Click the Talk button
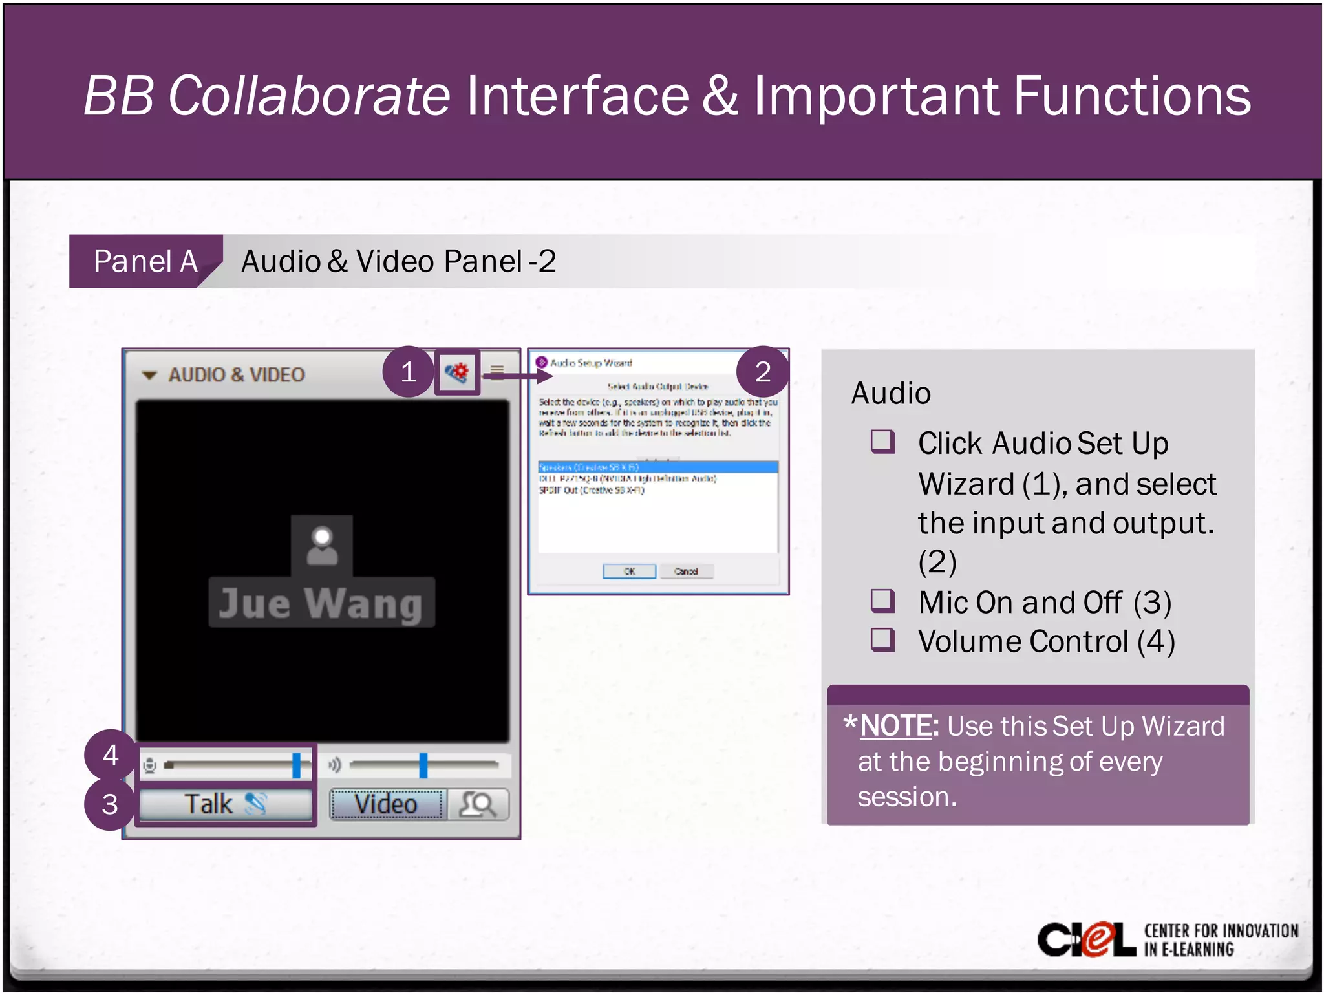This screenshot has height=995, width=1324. coord(224,804)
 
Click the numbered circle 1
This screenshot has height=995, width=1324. coord(408,372)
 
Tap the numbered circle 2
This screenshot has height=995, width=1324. coord(763,372)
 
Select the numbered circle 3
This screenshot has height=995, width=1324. coord(110,804)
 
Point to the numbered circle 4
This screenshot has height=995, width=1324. coord(110,755)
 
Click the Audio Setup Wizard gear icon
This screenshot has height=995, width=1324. coord(457,372)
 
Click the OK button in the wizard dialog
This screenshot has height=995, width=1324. coord(629,572)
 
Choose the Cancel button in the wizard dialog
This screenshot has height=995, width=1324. coord(686,572)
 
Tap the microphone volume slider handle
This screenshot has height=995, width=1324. coord(296,765)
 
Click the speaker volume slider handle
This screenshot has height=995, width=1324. coord(423,765)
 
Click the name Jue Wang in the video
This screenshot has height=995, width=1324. coord(321,604)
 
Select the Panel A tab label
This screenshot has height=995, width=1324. coord(145,261)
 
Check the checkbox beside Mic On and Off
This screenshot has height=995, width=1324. coord(882,601)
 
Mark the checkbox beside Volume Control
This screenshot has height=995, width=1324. coord(882,640)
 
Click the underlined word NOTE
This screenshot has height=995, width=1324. coord(897,726)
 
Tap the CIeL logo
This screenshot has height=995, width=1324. coord(1086,939)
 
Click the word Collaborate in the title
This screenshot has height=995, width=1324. coord(308,96)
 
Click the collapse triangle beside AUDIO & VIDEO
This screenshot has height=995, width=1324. coord(149,375)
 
